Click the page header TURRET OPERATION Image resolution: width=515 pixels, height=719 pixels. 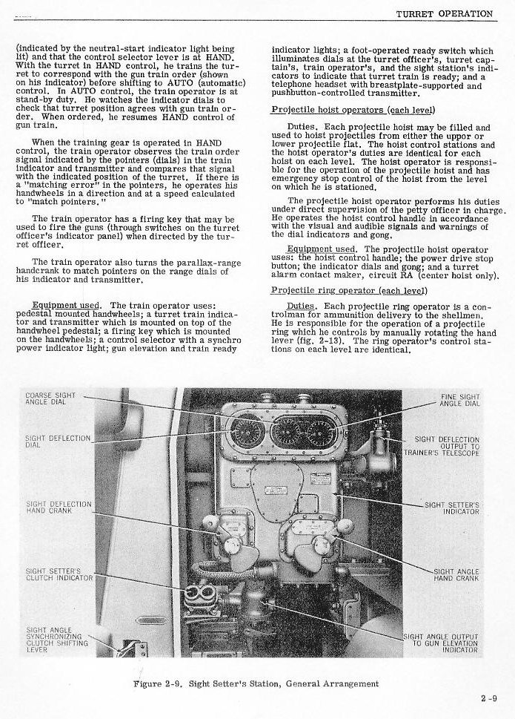tap(444, 13)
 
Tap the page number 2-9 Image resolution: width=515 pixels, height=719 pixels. tap(488, 697)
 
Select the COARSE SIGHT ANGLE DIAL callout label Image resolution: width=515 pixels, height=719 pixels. tap(50, 400)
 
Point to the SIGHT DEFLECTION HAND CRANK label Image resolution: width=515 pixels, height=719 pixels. tap(59, 508)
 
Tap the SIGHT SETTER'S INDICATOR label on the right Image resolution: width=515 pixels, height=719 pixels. tap(452, 508)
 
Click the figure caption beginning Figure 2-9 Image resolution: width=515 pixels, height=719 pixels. tap(256, 683)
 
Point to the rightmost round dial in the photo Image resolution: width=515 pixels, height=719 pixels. tap(321, 432)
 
